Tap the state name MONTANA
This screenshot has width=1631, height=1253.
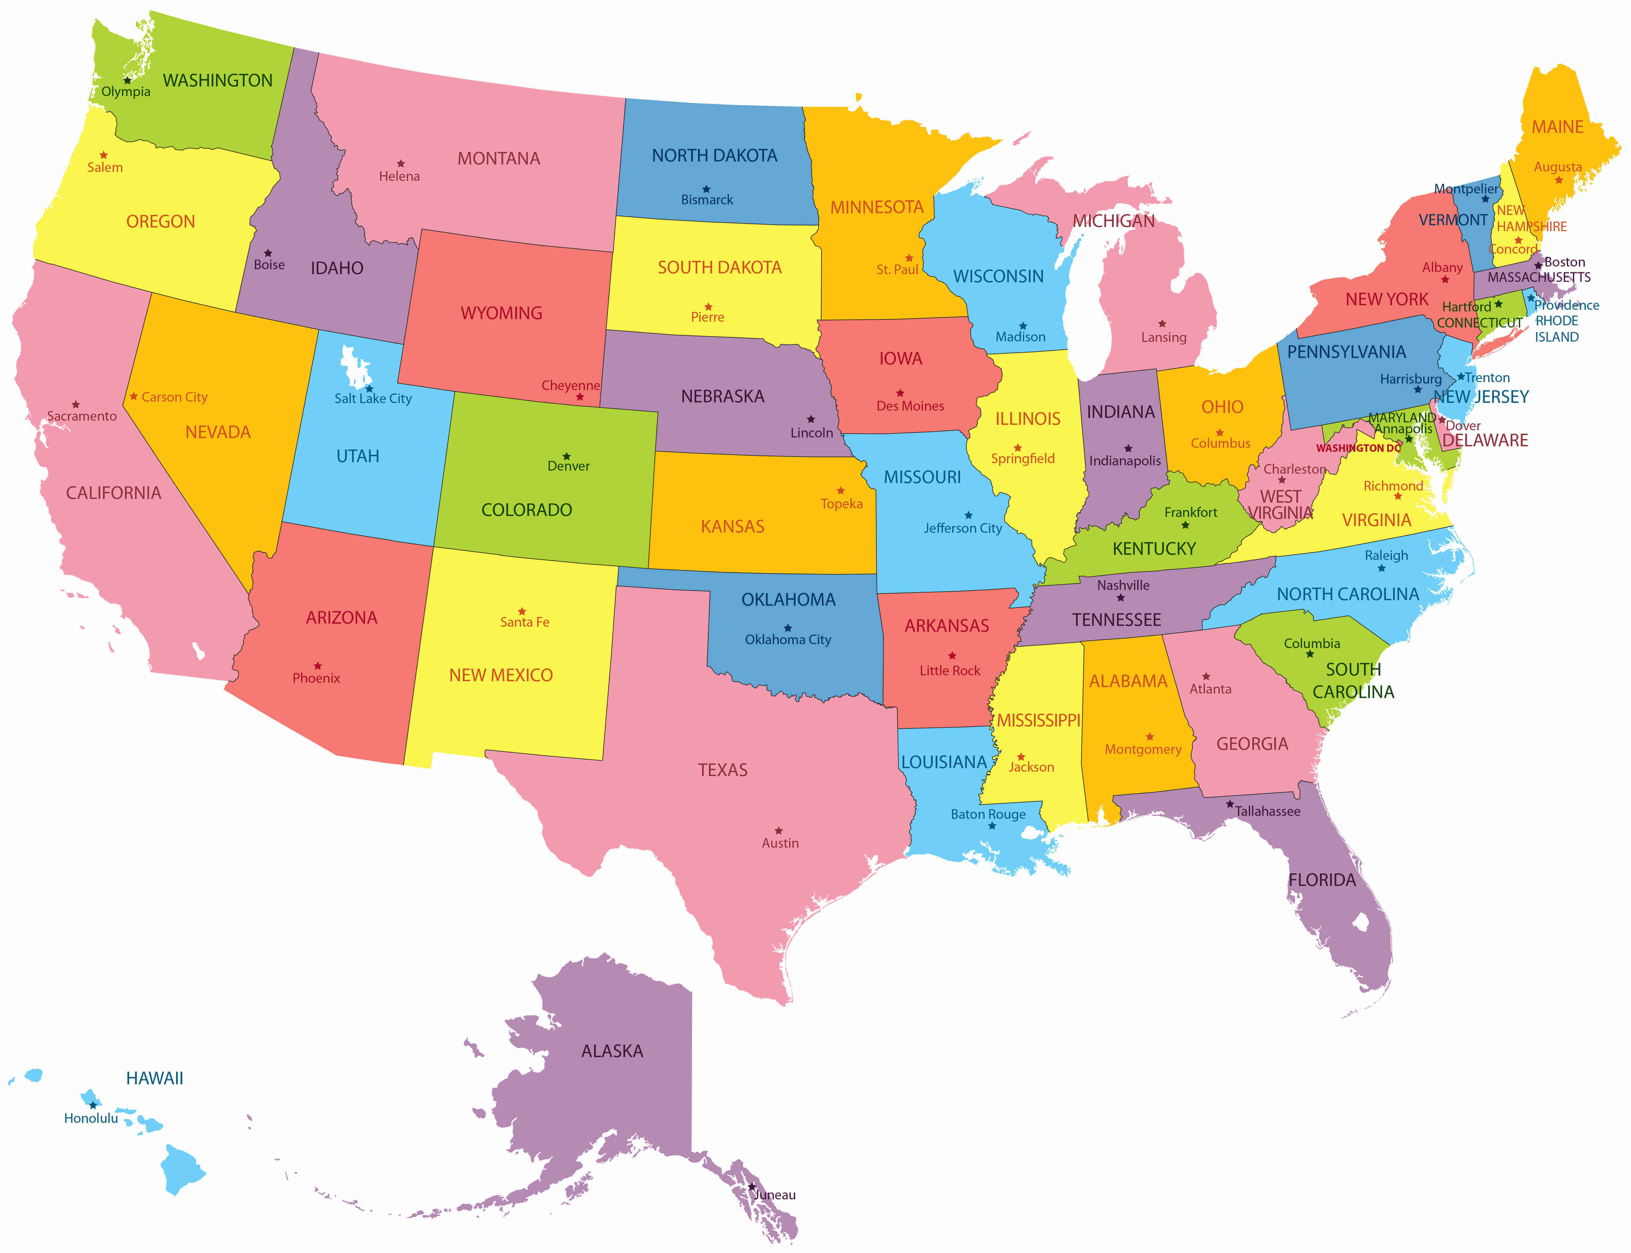point(498,159)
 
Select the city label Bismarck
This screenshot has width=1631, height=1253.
point(706,200)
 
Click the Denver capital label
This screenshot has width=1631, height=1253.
point(568,466)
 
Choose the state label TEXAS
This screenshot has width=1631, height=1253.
point(722,770)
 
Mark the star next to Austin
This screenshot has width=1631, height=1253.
point(779,830)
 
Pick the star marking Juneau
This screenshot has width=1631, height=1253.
point(752,1186)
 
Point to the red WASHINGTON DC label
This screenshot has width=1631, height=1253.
point(1358,448)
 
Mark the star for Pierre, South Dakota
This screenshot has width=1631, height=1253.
point(708,307)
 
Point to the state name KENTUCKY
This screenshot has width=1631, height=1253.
point(1154,549)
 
